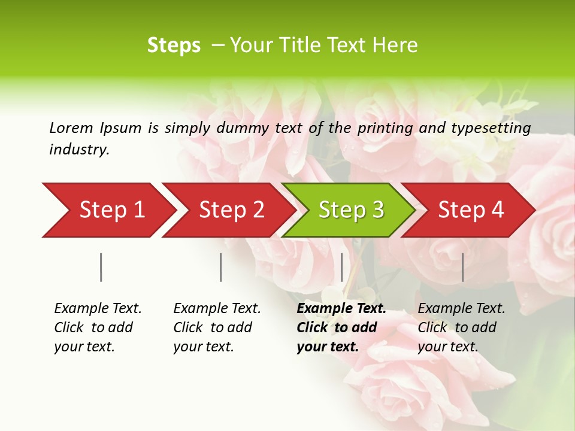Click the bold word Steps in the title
tap(174, 45)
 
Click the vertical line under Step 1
tap(101, 267)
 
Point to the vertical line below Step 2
tap(221, 267)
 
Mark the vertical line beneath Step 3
tap(342, 267)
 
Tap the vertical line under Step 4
tap(463, 267)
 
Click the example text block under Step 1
tap(98, 327)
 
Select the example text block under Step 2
tap(217, 327)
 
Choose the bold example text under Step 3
tap(341, 327)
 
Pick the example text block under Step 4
tap(461, 327)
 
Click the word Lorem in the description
tap(71, 128)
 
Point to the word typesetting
tap(491, 129)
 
